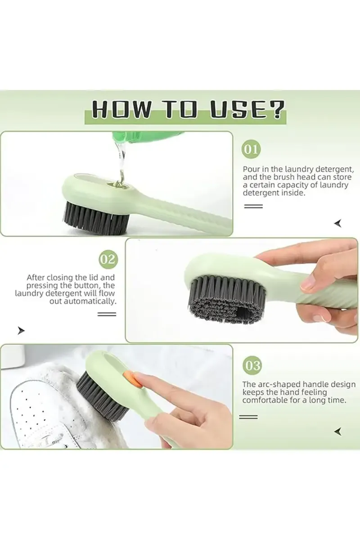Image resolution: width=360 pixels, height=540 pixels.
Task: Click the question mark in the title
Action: point(275,110)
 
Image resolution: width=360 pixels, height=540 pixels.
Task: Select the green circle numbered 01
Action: point(252,149)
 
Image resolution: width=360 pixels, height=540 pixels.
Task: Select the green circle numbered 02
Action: point(108,259)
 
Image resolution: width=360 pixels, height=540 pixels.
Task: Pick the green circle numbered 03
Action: point(252,365)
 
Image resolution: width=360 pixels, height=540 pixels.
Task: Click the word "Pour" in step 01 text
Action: point(250,169)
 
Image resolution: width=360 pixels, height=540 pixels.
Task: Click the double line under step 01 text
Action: point(252,206)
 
